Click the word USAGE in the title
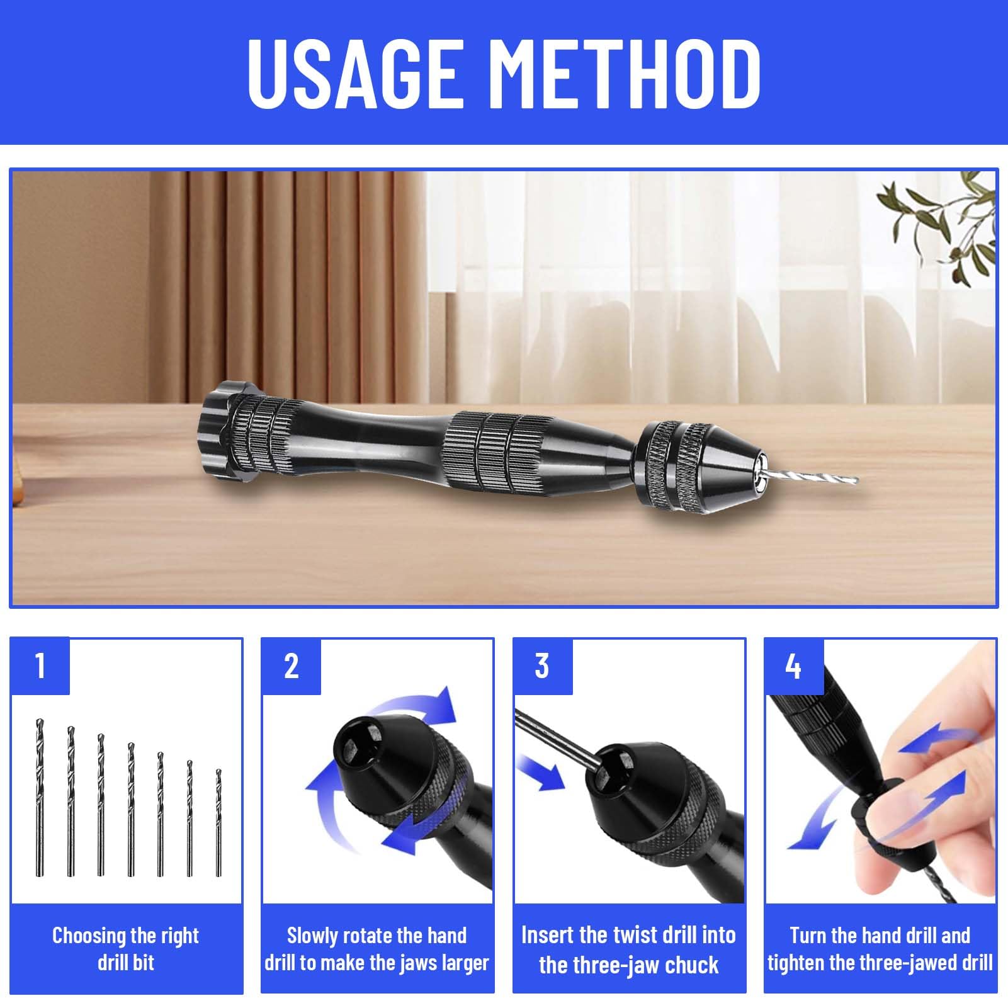pyautogui.click(x=352, y=73)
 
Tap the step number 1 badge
pyautogui.click(x=40, y=666)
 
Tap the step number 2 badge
pyautogui.click(x=292, y=666)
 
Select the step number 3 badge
pyautogui.click(x=543, y=666)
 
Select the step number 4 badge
pyautogui.click(x=794, y=666)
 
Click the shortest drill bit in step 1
pyautogui.click(x=218, y=823)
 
